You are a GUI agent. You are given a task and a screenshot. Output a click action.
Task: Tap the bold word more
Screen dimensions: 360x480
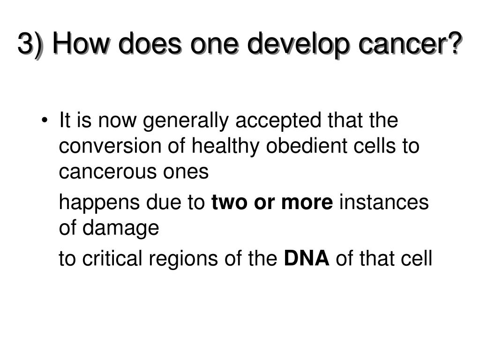pyautogui.click(x=307, y=203)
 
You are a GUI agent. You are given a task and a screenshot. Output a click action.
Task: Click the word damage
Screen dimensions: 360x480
pyautogui.click(x=120, y=229)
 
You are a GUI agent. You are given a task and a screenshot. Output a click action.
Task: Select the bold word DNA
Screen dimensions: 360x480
pyautogui.click(x=307, y=259)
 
